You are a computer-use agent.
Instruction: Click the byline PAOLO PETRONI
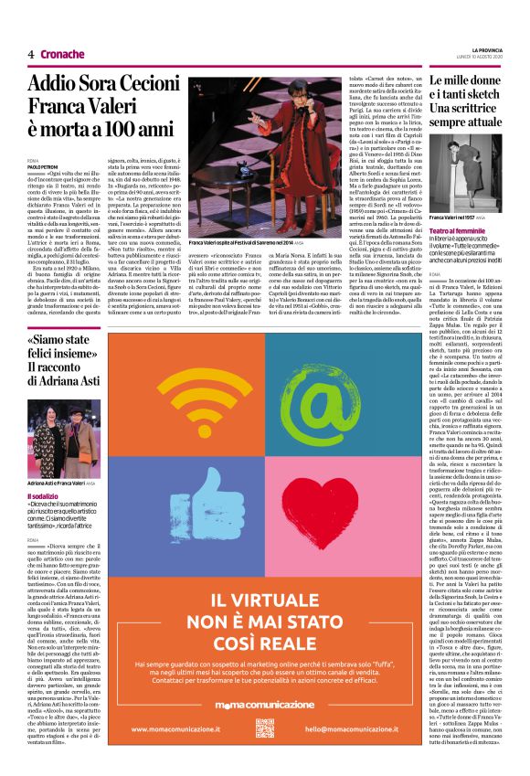(x=42, y=168)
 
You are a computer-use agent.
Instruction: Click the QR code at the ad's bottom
(x=265, y=728)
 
